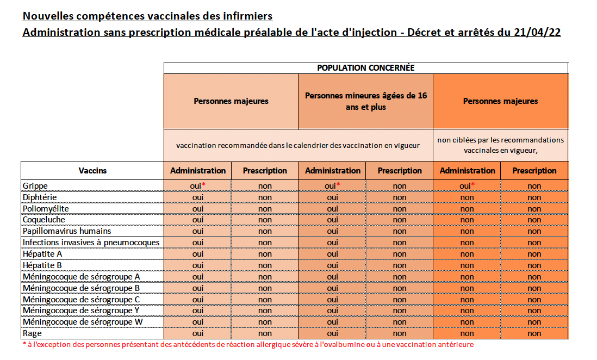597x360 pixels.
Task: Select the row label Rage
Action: (32, 333)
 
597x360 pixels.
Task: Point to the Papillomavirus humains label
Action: (60, 231)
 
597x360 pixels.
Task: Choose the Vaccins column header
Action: (92, 171)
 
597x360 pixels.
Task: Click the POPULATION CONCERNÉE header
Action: (366, 68)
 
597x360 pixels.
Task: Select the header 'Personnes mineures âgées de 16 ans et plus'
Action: (366, 101)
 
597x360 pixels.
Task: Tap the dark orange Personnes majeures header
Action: (500, 101)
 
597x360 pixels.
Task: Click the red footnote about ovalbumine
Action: (248, 345)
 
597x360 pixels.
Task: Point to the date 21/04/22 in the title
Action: (537, 32)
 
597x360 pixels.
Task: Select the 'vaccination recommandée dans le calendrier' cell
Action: (298, 145)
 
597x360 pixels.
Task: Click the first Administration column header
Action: (198, 171)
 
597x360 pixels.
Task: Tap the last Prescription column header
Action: (534, 171)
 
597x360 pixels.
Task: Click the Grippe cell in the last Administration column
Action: (467, 186)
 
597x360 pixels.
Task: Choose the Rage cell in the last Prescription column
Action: (534, 333)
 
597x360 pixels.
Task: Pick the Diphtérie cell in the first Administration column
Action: (198, 197)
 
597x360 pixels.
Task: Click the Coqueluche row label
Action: (44, 220)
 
